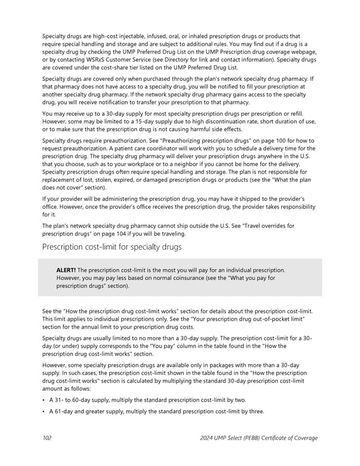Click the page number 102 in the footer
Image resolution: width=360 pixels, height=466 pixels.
pos(46,438)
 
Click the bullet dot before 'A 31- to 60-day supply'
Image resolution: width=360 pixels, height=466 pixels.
pos(44,400)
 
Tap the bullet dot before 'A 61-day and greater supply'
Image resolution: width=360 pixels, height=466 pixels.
pos(44,411)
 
